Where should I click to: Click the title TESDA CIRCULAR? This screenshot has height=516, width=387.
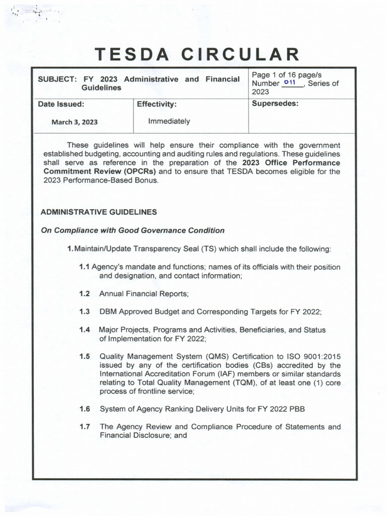[x=194, y=54]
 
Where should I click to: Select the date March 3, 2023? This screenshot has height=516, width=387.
[x=75, y=122]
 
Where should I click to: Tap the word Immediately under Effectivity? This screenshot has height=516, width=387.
[x=169, y=121]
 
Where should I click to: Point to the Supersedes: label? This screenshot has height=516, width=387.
[x=275, y=104]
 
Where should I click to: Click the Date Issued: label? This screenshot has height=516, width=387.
[x=61, y=104]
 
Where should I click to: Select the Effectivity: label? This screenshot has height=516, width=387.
[x=157, y=104]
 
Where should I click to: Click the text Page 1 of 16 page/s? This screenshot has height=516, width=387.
[x=286, y=75]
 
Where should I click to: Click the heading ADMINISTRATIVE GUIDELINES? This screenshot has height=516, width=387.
[x=98, y=212]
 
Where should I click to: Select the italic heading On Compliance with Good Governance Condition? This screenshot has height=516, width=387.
[x=133, y=230]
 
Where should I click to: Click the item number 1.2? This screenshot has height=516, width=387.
[x=85, y=293]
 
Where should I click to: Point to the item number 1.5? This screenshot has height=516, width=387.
[x=85, y=356]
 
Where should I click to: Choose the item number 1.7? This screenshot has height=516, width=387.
[x=85, y=427]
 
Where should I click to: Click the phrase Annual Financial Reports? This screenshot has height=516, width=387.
[x=143, y=293]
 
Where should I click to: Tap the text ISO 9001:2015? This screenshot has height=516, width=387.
[x=316, y=356]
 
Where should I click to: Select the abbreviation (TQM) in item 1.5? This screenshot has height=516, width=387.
[x=242, y=382]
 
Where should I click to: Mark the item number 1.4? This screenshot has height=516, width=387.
[x=85, y=330]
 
